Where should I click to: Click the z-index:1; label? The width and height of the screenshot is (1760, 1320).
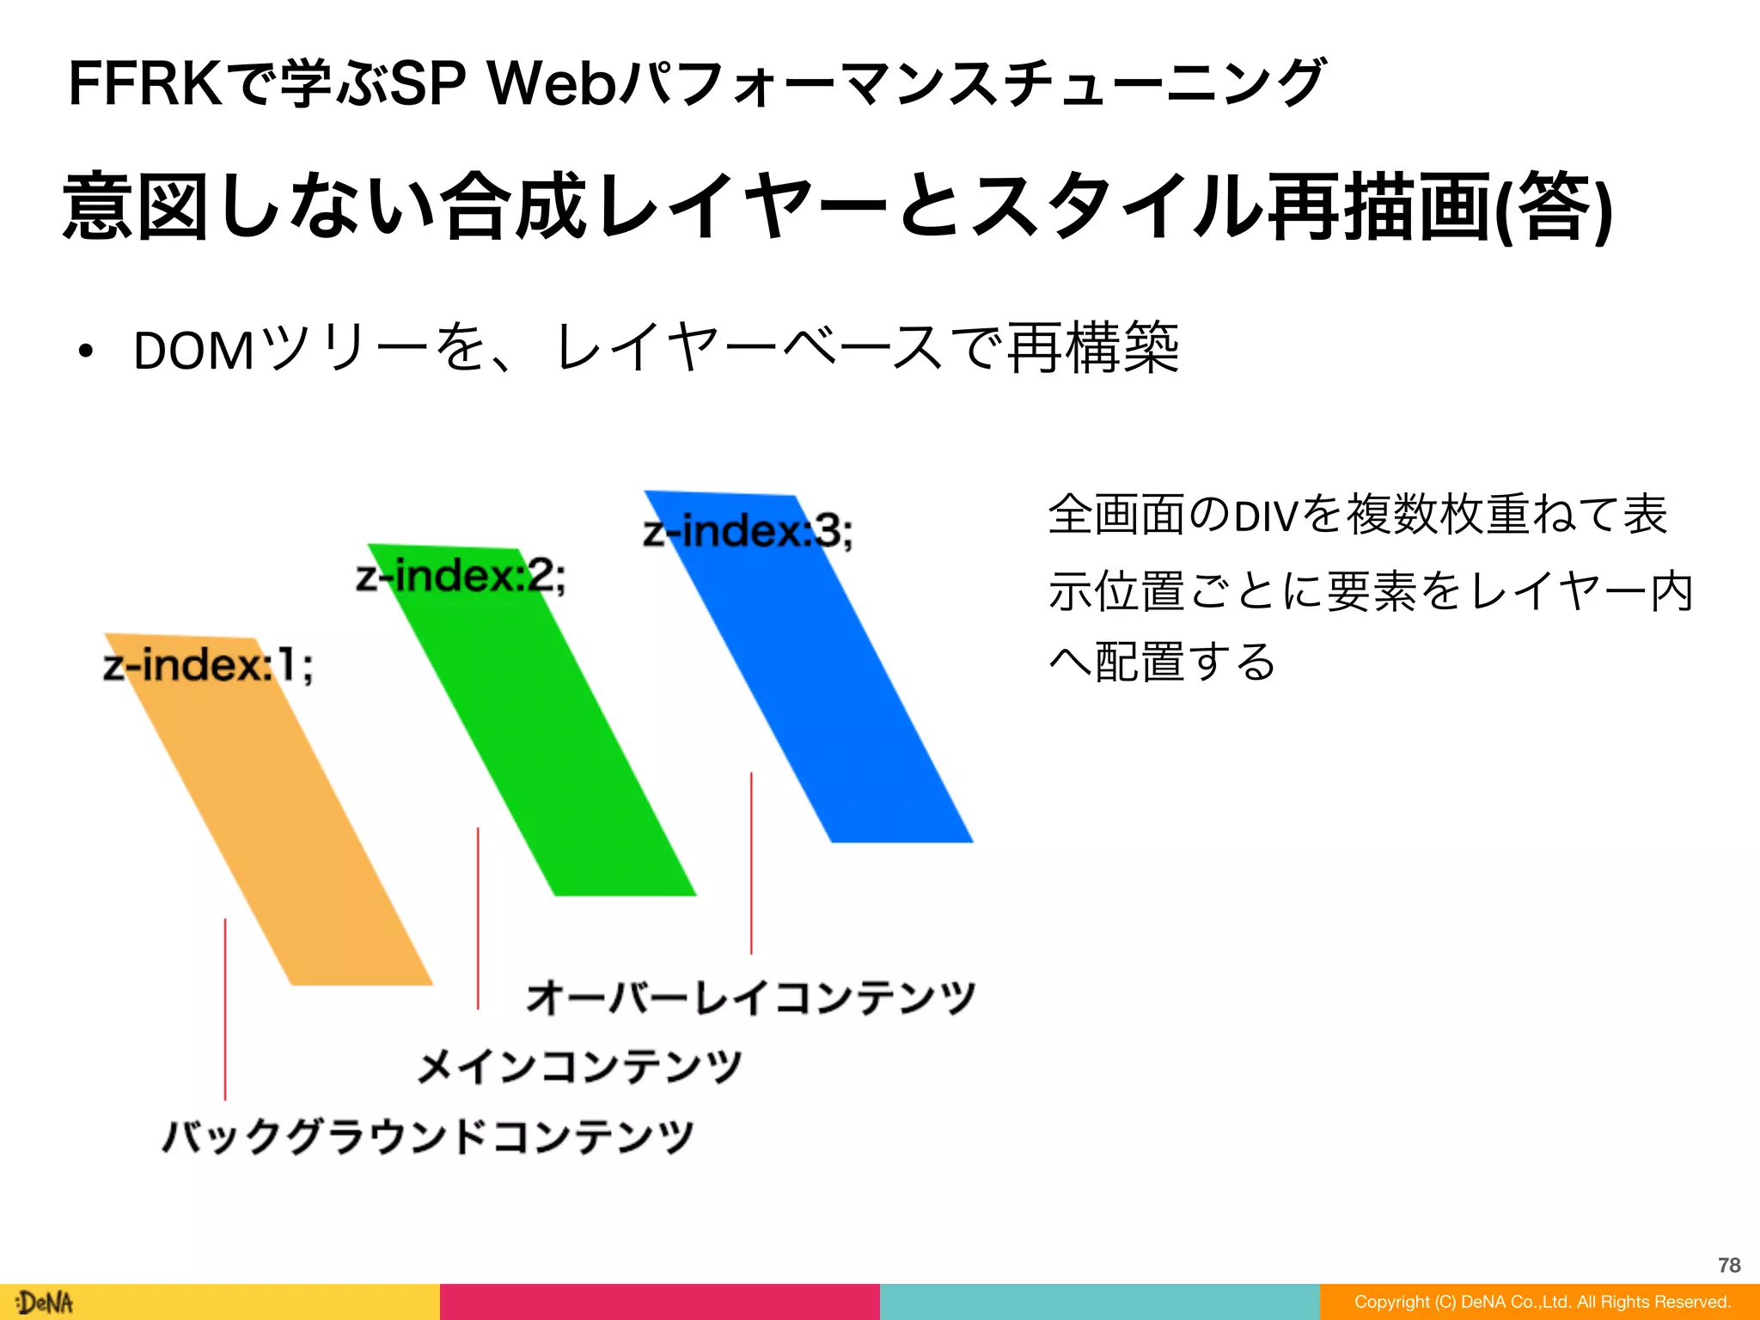tap(207, 666)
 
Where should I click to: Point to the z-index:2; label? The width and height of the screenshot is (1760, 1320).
tap(461, 576)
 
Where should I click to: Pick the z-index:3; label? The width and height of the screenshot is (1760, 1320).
tap(748, 531)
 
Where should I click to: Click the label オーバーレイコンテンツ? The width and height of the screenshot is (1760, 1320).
tap(750, 998)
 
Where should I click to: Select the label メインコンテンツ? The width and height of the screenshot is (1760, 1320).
tap(579, 1066)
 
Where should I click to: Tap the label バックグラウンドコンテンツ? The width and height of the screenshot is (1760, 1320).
tap(428, 1136)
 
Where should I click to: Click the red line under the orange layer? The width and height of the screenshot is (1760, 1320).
tap(225, 1010)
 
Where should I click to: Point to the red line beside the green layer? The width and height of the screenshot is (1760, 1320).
tap(478, 918)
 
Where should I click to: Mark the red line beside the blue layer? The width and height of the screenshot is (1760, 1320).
tap(751, 863)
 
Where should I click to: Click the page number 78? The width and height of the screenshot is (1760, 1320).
tap(1729, 1265)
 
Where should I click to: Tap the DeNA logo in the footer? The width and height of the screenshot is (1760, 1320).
tap(45, 1303)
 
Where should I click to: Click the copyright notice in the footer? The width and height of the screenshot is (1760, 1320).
tap(1543, 1302)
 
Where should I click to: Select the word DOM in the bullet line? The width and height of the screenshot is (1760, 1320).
tap(194, 351)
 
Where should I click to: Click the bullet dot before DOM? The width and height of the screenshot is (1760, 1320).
tap(84, 351)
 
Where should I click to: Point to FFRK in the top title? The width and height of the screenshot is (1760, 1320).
tap(144, 84)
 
